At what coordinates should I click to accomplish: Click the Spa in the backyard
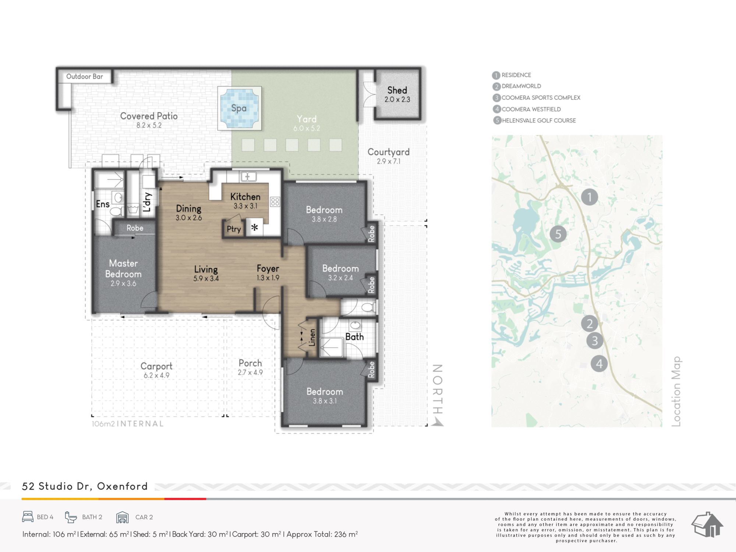pyautogui.click(x=240, y=108)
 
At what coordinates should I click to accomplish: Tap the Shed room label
pyautogui.click(x=397, y=90)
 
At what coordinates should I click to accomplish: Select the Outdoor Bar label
pyautogui.click(x=85, y=77)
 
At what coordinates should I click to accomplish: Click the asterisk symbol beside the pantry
pyautogui.click(x=254, y=227)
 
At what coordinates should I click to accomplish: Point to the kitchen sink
pyautogui.click(x=248, y=177)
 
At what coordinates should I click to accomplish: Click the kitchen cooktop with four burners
pyautogui.click(x=275, y=201)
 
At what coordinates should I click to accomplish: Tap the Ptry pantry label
pyautogui.click(x=234, y=229)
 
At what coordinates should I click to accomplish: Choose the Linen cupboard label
pyautogui.click(x=312, y=337)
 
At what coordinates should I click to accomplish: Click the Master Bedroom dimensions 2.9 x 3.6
pyautogui.click(x=124, y=283)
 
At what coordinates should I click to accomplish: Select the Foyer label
pyautogui.click(x=268, y=269)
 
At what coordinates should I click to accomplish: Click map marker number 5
pyautogui.click(x=558, y=234)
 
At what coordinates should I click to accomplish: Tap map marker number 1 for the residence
pyautogui.click(x=590, y=197)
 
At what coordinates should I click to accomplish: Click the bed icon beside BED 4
pyautogui.click(x=28, y=517)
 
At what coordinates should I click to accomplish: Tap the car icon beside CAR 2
pyautogui.click(x=123, y=517)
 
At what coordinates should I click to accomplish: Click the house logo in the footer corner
pyautogui.click(x=707, y=524)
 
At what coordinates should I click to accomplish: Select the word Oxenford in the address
pyautogui.click(x=122, y=486)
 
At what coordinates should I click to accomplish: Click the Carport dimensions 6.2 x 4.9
pyautogui.click(x=156, y=375)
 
